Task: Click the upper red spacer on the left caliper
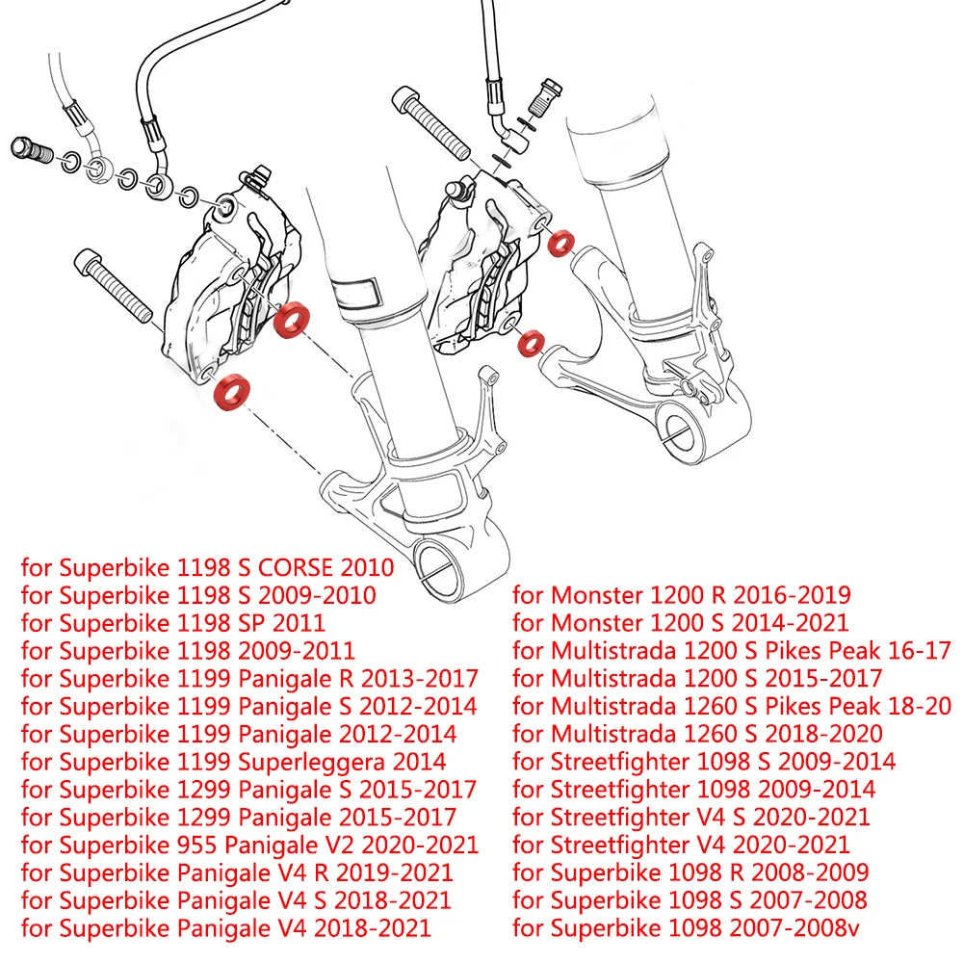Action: pos(291,319)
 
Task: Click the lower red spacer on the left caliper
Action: pos(231,391)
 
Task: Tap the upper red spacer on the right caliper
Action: pos(560,244)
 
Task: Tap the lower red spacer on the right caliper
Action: pos(532,344)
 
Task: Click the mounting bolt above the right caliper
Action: pos(431,122)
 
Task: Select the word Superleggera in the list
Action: pos(311,762)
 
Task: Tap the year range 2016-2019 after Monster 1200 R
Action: pos(792,594)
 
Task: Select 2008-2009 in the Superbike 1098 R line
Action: pos(810,872)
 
